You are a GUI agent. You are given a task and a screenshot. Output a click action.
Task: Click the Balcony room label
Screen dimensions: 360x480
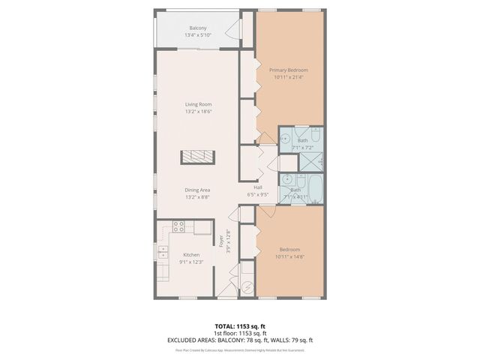[198, 28]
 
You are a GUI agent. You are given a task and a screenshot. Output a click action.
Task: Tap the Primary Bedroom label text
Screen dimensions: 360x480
[289, 70]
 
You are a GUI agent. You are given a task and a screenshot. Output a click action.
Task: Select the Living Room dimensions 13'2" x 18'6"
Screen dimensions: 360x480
[198, 112]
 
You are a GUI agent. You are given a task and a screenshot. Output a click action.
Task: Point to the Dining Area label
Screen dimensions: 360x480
[198, 190]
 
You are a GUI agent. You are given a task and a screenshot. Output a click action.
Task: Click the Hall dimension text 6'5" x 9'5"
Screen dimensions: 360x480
[257, 194]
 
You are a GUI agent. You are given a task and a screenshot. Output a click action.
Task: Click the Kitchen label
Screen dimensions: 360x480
[190, 255]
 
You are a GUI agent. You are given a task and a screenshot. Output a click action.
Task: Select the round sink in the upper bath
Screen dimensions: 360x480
[286, 139]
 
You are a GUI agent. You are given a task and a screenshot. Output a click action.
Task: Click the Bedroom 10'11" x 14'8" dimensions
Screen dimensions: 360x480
[289, 256]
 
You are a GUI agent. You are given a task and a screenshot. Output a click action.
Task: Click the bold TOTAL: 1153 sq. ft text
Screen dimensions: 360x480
[240, 325]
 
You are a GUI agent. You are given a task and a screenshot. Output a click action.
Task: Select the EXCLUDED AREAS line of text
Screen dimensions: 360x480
[240, 340]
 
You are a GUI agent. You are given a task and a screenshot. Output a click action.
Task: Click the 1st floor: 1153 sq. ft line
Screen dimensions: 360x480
[240, 333]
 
